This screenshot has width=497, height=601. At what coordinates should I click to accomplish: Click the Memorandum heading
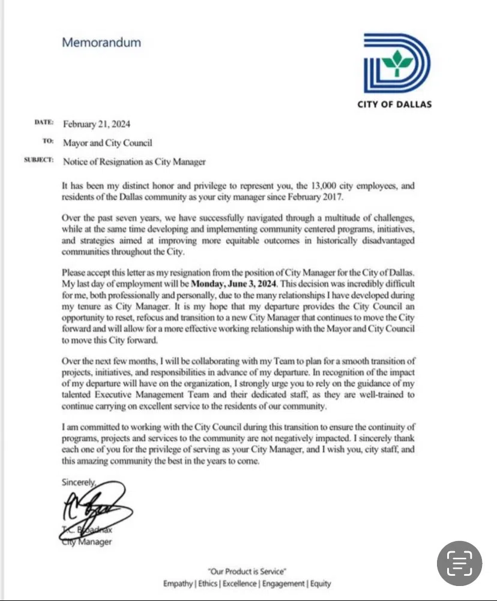[101, 43]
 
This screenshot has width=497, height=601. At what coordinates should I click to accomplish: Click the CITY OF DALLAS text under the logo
[394, 104]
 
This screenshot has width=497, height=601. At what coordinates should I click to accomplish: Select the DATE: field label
[44, 123]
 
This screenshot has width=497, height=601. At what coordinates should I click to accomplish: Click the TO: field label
[49, 142]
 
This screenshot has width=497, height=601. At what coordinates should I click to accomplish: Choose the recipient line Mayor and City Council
[107, 143]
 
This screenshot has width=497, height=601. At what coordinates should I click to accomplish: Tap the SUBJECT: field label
[39, 161]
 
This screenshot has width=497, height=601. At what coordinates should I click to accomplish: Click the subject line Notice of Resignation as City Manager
[134, 161]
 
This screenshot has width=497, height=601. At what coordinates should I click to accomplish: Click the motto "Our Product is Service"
[247, 571]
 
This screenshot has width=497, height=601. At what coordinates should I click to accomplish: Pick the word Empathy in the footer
[178, 584]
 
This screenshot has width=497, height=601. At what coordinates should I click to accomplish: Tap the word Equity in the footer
[321, 584]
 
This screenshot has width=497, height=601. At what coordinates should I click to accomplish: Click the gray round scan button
[459, 563]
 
